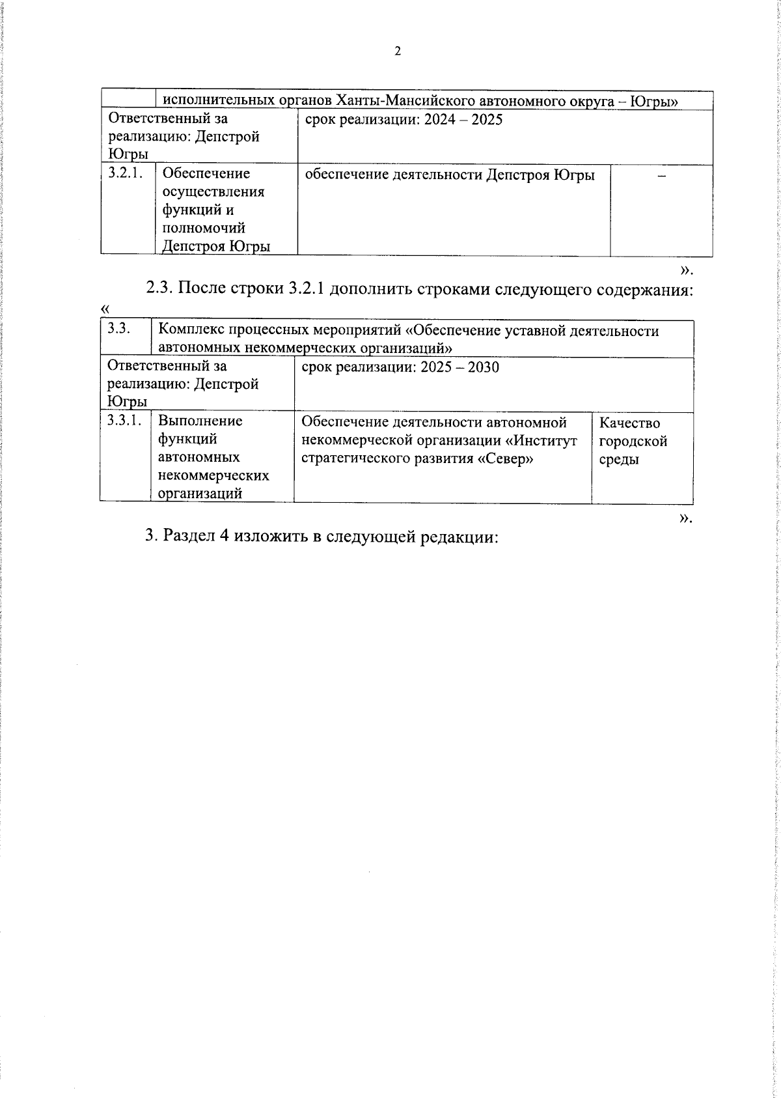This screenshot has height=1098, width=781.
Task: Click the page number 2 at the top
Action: [398, 52]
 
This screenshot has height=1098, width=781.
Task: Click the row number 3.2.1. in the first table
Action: [125, 173]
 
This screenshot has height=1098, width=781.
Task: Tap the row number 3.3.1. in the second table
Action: [124, 421]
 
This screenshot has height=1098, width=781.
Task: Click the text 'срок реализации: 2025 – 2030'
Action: [400, 367]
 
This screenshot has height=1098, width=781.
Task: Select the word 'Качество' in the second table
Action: [629, 423]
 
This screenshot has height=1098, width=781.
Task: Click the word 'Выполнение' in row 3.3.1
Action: [200, 421]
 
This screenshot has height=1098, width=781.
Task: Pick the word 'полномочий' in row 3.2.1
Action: [204, 228]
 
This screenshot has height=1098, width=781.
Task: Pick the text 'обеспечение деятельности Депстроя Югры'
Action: [450, 175]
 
